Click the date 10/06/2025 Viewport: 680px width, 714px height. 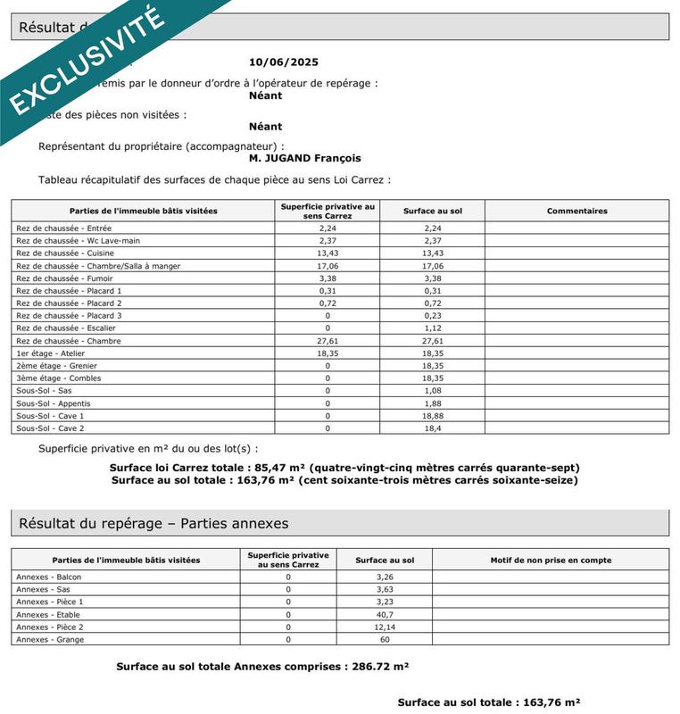point(283,62)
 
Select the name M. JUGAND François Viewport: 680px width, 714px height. point(305,158)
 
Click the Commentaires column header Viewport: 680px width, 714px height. point(576,212)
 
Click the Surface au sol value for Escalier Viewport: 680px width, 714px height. point(432,328)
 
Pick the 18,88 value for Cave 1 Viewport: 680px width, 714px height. point(432,416)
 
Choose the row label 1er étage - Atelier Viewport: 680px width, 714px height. point(51,353)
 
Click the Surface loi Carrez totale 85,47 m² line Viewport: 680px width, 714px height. point(344,468)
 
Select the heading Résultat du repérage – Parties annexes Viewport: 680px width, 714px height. point(153,524)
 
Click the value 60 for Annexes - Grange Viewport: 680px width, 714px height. point(385,640)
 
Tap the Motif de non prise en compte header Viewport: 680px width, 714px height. point(551,560)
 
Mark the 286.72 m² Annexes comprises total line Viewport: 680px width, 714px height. point(262,667)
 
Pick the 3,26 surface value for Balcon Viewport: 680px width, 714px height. point(385,577)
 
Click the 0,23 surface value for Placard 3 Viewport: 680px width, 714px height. point(432,316)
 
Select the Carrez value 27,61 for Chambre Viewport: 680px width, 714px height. point(328,341)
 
